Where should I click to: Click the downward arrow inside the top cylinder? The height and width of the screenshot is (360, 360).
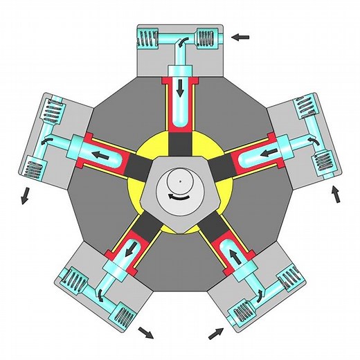[x=180, y=88]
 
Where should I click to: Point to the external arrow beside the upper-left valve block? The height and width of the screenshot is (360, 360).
[x=24, y=195]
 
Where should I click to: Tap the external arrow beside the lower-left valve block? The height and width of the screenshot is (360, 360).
[x=145, y=334]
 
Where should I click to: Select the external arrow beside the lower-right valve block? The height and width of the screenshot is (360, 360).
[x=216, y=334]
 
